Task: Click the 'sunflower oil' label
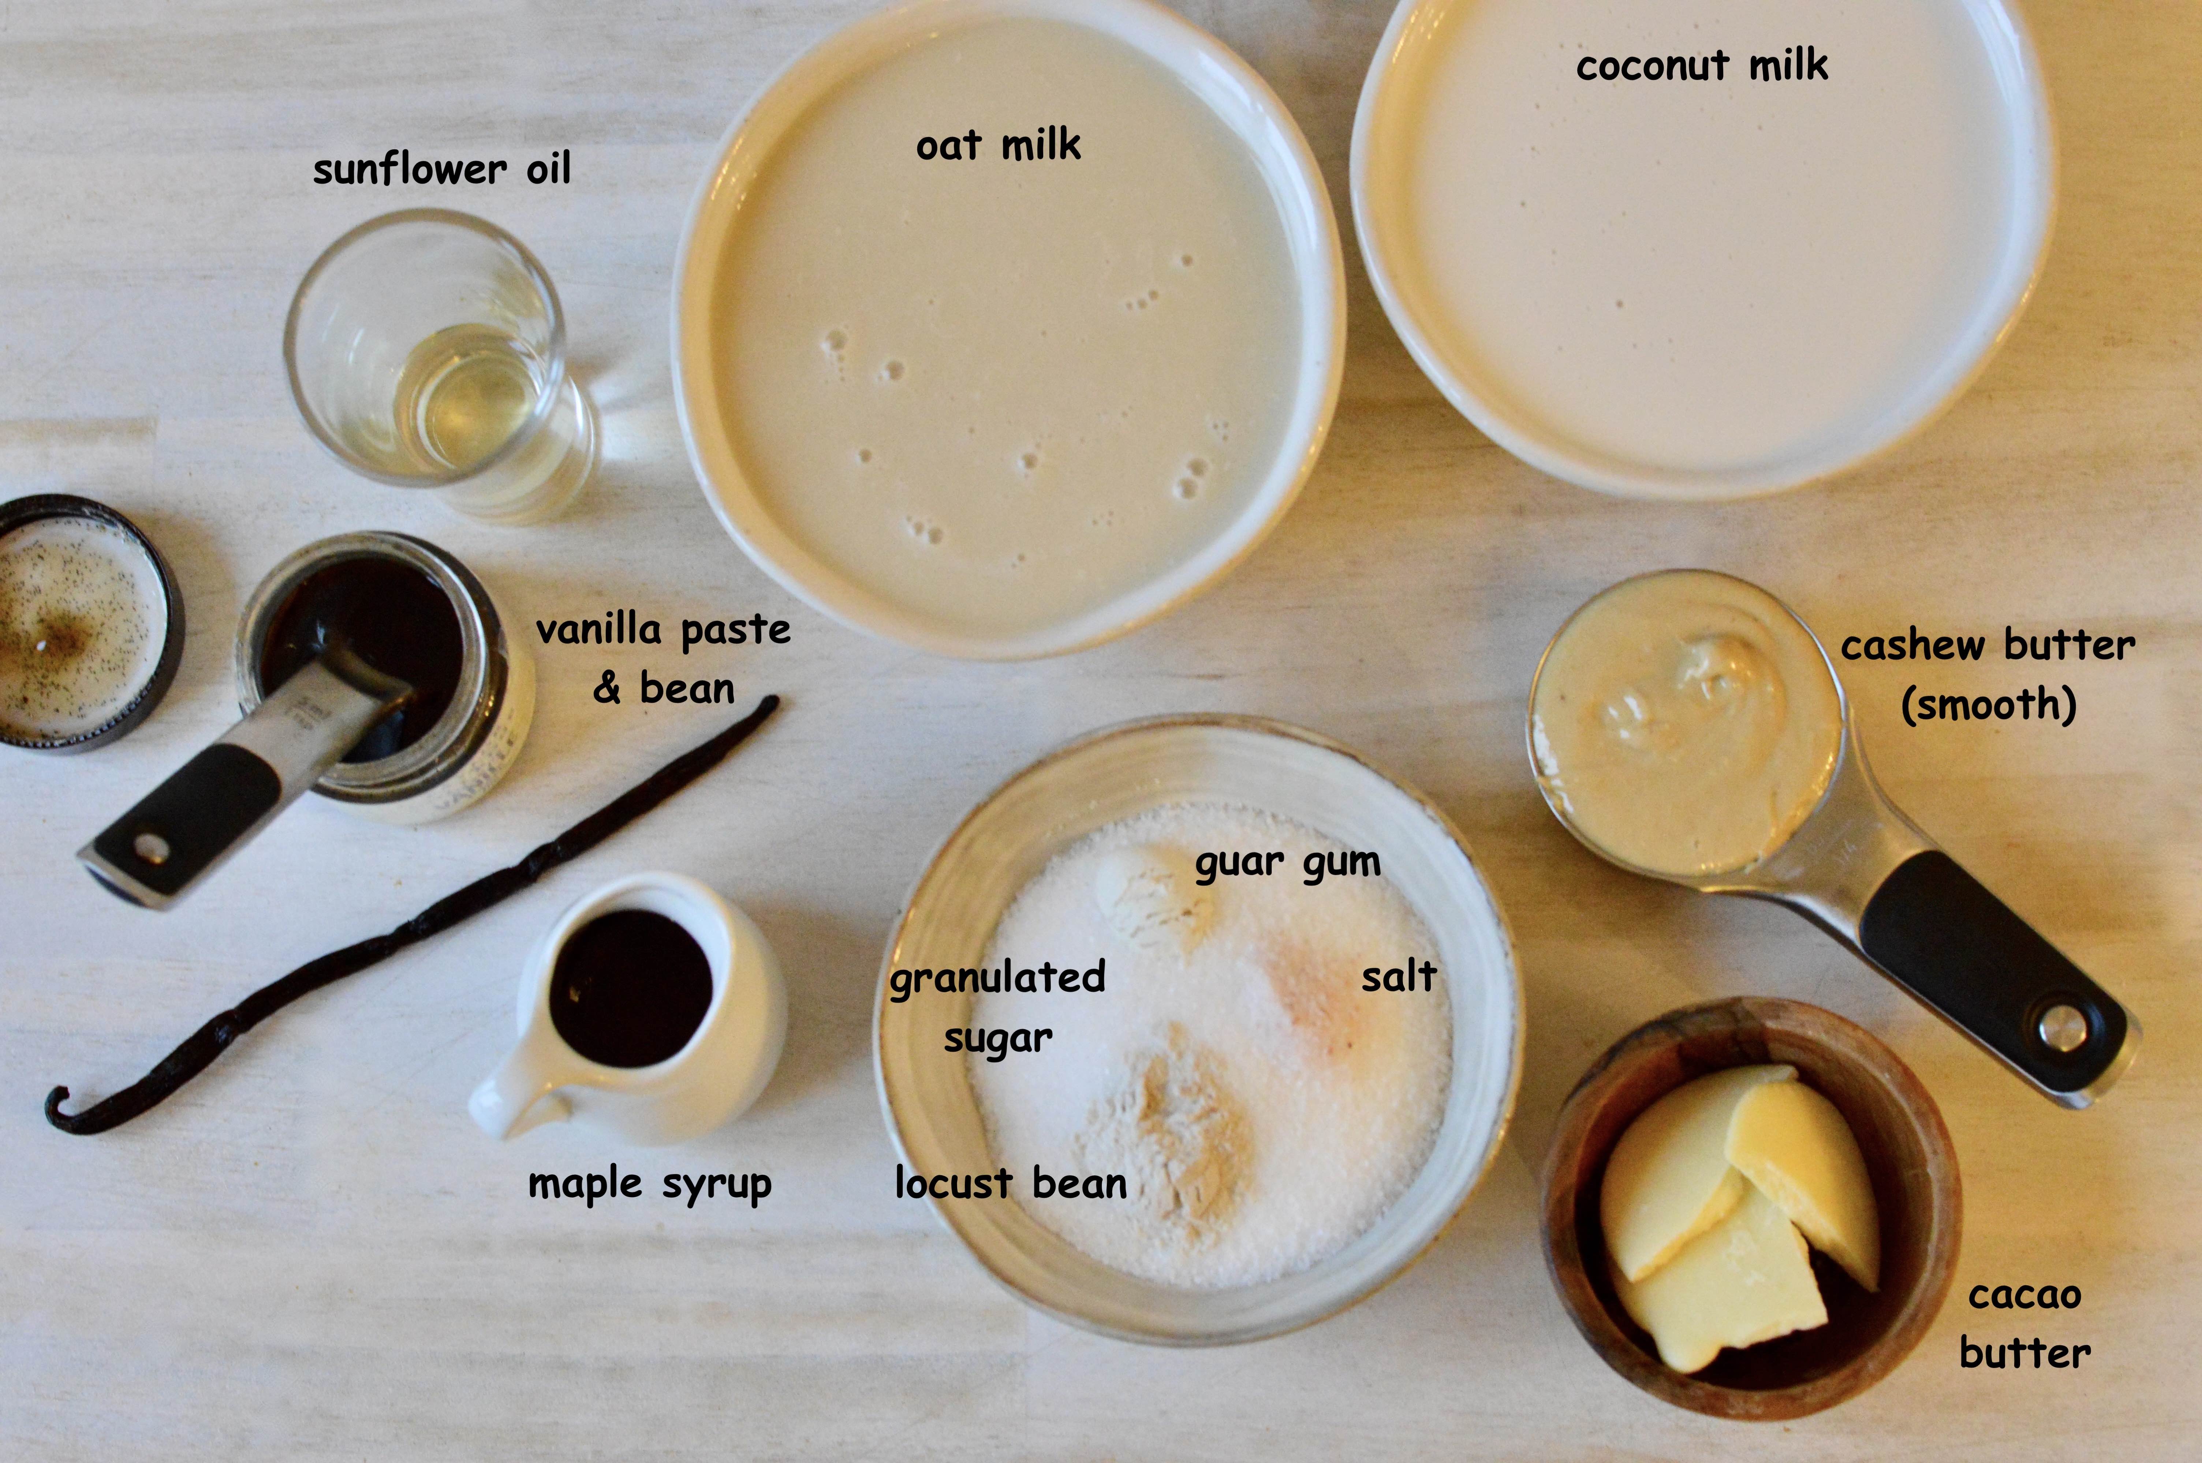point(441,170)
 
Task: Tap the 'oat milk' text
point(998,146)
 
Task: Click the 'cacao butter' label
point(2024,1324)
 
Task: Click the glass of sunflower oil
point(439,364)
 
